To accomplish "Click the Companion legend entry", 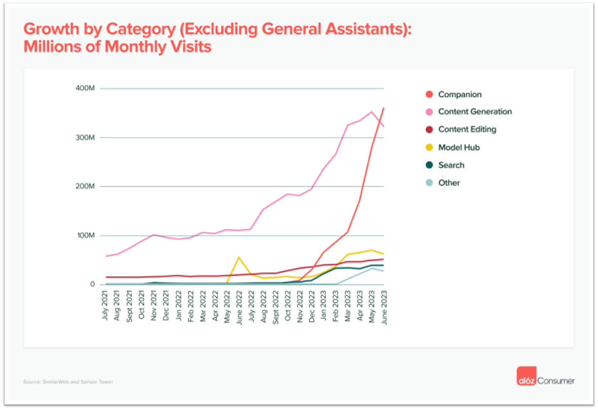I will (459, 95).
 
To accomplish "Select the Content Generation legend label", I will (475, 112).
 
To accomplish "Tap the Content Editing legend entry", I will (467, 129).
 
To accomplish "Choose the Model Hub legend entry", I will (458, 147).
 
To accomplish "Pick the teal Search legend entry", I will (451, 165).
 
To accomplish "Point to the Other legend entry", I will (449, 183).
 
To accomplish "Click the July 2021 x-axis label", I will (105, 306).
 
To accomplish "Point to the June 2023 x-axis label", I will (385, 306).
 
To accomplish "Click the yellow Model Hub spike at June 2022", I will (239, 257).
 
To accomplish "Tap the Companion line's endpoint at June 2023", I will (384, 108).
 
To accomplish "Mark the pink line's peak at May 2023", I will (372, 112).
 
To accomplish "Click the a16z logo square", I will (525, 380).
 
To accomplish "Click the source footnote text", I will (68, 382).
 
